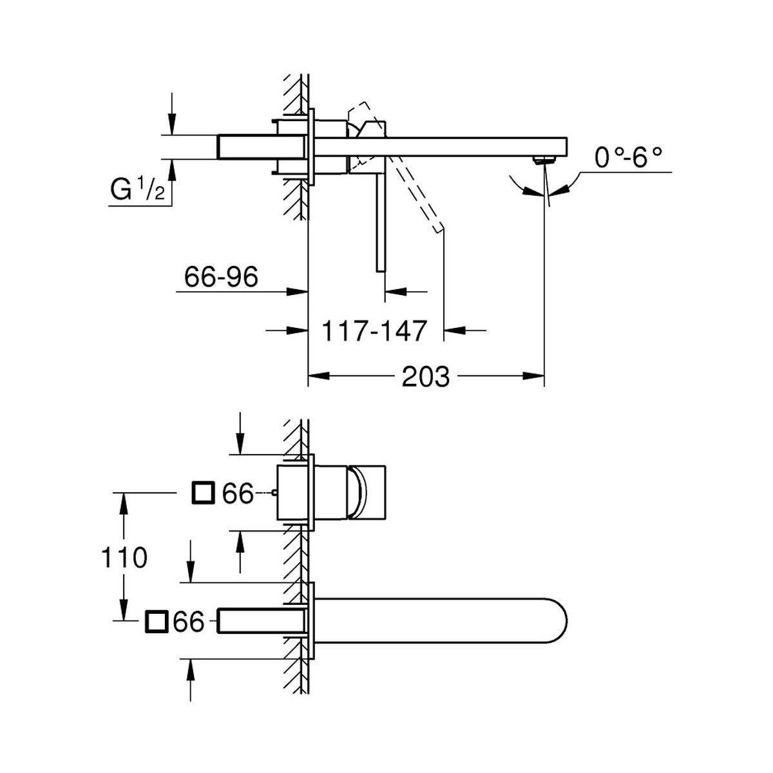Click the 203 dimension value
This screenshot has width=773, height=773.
[425, 377]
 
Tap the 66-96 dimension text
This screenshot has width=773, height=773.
[221, 277]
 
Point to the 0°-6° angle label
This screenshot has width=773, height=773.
[628, 157]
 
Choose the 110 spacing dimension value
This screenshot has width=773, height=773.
[124, 558]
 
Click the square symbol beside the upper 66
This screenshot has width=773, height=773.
[204, 493]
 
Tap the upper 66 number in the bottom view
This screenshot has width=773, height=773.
[238, 493]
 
